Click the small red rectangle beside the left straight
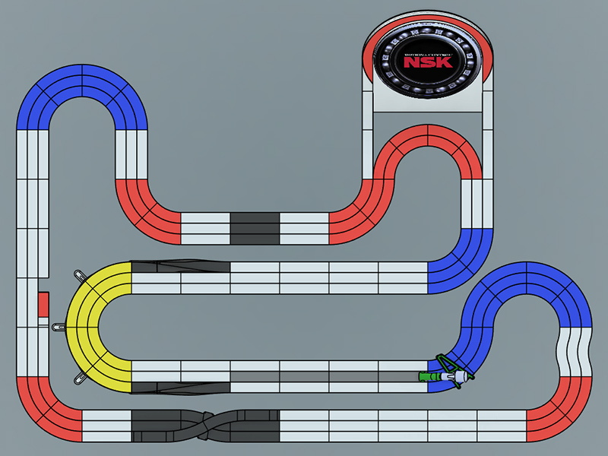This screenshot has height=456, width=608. (x=43, y=304)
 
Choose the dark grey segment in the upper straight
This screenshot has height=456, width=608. (x=255, y=228)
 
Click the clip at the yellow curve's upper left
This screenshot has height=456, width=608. (x=78, y=275)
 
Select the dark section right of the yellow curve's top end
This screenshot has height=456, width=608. (x=180, y=267)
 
